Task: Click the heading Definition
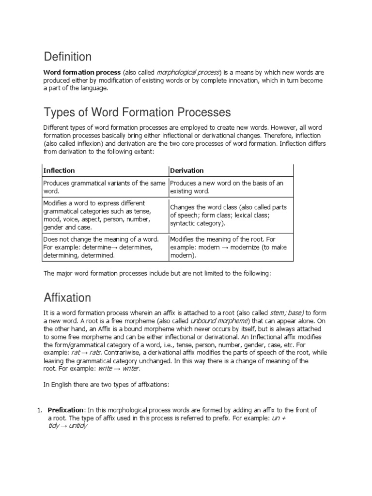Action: click(67, 57)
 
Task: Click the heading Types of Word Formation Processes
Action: click(137, 113)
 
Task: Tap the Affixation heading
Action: click(67, 297)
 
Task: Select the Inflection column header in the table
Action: click(59, 170)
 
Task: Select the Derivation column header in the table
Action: click(186, 170)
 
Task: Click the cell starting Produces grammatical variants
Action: click(104, 187)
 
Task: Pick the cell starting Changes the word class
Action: click(231, 215)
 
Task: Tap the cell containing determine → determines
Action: click(104, 247)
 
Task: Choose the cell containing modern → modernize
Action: click(231, 247)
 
